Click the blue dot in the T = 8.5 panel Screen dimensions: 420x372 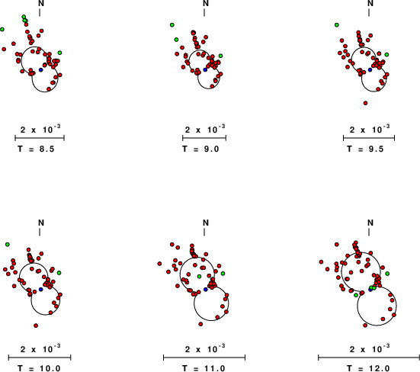pos(40,69)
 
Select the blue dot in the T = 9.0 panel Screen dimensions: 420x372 pos(206,69)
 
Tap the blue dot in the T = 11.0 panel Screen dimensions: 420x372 pos(206,290)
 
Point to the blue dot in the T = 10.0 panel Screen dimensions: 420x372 pos(40,290)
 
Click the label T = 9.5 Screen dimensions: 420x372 pos(365,149)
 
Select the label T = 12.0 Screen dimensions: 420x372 pos(368,368)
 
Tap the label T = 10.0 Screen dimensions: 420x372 pos(39,368)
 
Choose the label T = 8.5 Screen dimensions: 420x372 pos(36,149)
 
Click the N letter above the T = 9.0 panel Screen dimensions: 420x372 pos(206,3)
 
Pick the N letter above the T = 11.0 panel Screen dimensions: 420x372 pos(206,223)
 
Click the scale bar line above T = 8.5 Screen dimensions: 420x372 pos(40,138)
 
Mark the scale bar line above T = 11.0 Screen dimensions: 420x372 pos(204,358)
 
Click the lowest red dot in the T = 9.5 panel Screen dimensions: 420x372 pos(365,103)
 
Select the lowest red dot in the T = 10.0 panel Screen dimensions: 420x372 pos(36,325)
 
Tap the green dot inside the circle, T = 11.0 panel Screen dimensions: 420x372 pos(199,276)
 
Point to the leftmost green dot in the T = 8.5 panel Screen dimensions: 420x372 pos(2,29)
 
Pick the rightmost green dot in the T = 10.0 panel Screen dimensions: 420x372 pos(59,273)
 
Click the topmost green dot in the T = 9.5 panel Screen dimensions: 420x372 pos(337,25)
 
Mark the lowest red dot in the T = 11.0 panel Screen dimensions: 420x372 pos(200,324)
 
